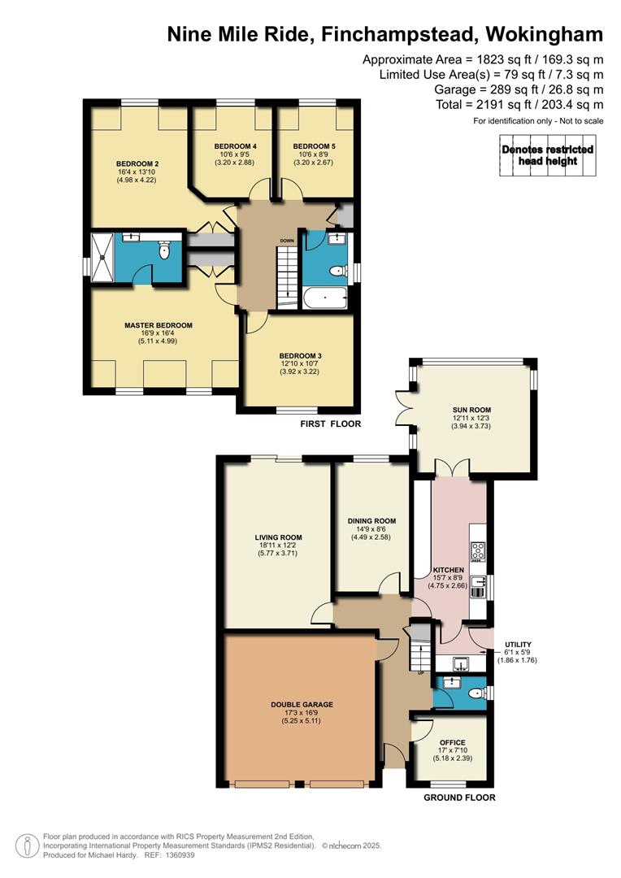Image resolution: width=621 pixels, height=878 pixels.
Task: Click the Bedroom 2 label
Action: [x=137, y=164]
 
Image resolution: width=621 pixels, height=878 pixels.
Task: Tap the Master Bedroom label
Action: [x=159, y=325]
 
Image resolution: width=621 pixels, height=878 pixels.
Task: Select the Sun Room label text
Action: [x=472, y=410]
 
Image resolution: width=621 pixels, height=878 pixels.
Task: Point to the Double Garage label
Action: [x=302, y=704]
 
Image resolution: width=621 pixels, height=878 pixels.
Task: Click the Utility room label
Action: [x=518, y=645]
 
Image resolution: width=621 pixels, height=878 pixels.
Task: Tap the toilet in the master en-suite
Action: [x=164, y=250]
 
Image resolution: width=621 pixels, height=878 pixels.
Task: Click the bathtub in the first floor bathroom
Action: [x=325, y=298]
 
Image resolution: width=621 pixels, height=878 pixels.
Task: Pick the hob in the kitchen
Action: [x=478, y=551]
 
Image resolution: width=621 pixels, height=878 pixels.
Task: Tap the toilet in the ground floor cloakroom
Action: [x=476, y=693]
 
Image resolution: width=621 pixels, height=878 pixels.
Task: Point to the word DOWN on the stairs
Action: [x=287, y=241]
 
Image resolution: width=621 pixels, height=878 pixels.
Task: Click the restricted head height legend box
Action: [x=548, y=155]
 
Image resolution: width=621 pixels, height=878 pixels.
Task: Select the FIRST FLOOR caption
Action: [x=330, y=424]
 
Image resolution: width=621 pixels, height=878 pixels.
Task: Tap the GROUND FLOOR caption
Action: [x=459, y=798]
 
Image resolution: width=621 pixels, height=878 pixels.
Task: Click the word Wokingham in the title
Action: [x=545, y=35]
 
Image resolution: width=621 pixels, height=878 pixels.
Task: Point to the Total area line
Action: [x=519, y=104]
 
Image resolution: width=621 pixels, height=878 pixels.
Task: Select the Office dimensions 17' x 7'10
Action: [x=453, y=750]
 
